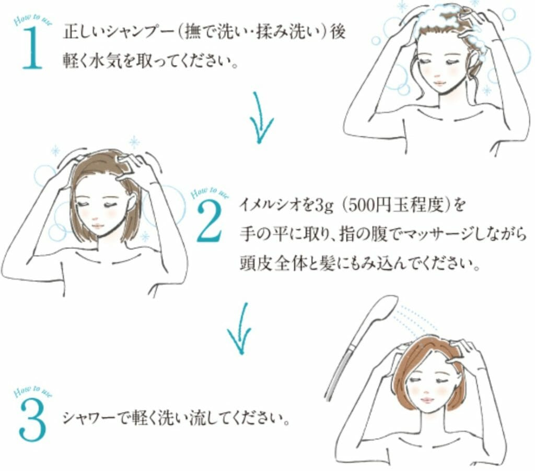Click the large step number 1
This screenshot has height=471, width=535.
[x=32, y=48]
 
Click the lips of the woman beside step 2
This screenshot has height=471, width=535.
[x=97, y=226]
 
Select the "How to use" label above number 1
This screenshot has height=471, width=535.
[x=31, y=20]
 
